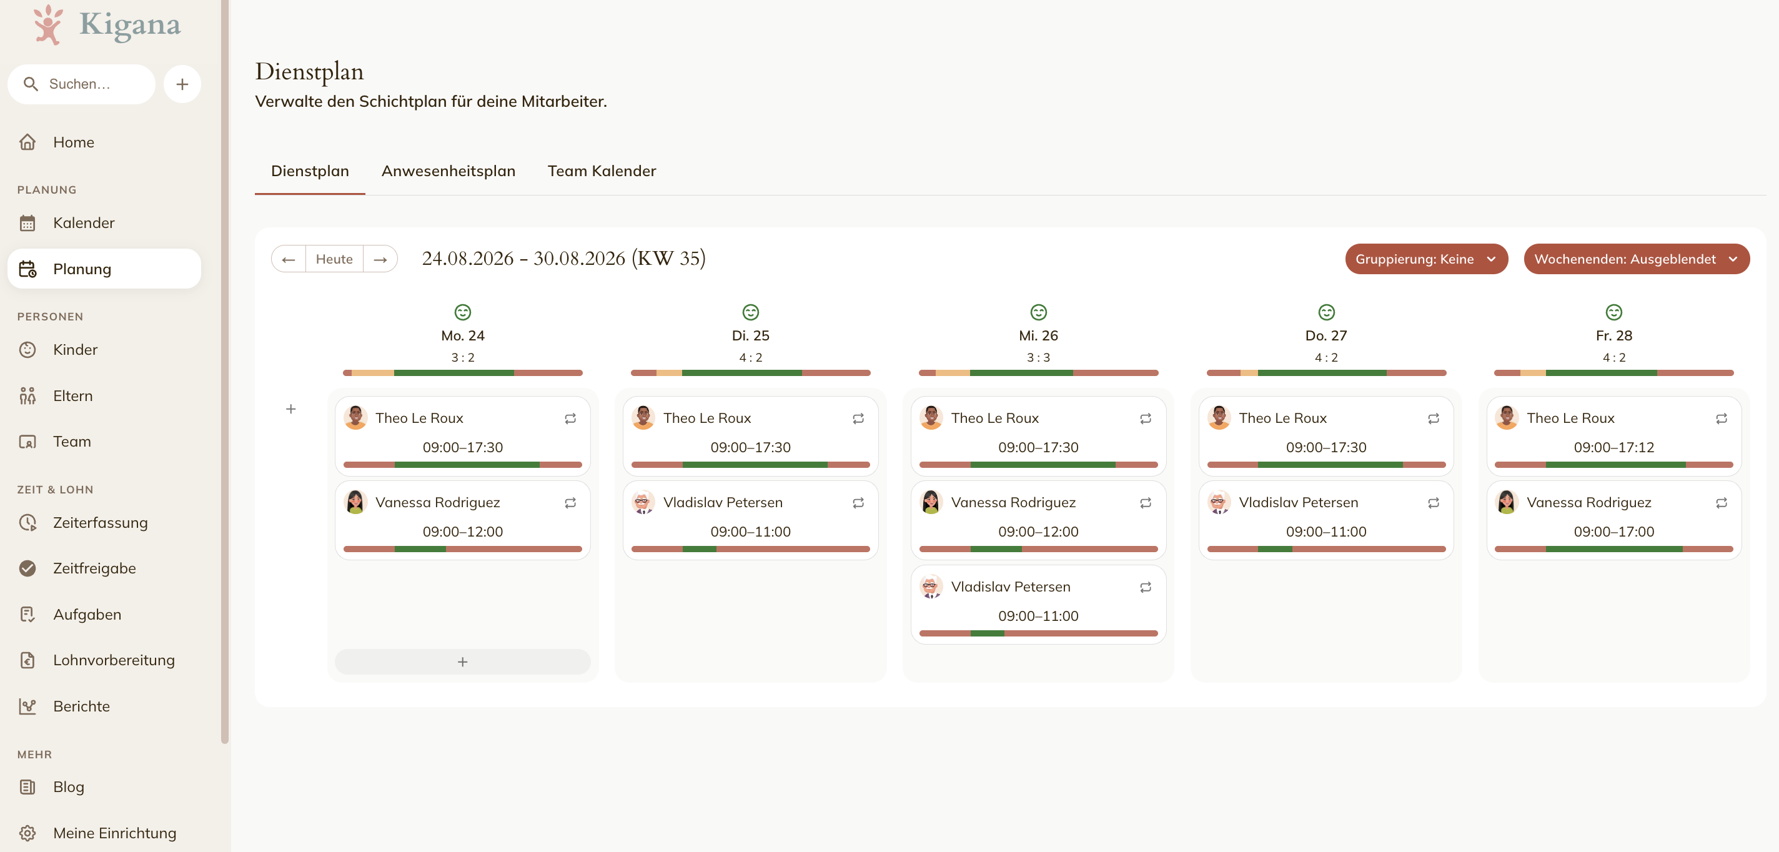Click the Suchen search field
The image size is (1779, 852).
[81, 84]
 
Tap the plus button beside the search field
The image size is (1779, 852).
[182, 84]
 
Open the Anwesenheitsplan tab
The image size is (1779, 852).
[448, 171]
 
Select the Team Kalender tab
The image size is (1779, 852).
[602, 171]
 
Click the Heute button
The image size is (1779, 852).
[334, 259]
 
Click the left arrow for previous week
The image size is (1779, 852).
[289, 259]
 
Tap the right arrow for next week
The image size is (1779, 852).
[380, 259]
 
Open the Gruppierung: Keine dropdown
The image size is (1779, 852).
[1426, 259]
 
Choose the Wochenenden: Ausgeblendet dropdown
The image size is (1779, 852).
[1636, 259]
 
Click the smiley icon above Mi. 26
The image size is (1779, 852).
[1038, 312]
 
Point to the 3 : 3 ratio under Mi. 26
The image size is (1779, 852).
[1038, 358]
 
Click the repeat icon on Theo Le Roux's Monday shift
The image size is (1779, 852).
[570, 419]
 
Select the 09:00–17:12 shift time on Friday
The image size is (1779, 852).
[1613, 447]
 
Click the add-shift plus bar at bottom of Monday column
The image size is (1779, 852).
[463, 661]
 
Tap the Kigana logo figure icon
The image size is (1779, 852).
[48, 25]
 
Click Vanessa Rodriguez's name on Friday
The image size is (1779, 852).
[1588, 503]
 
